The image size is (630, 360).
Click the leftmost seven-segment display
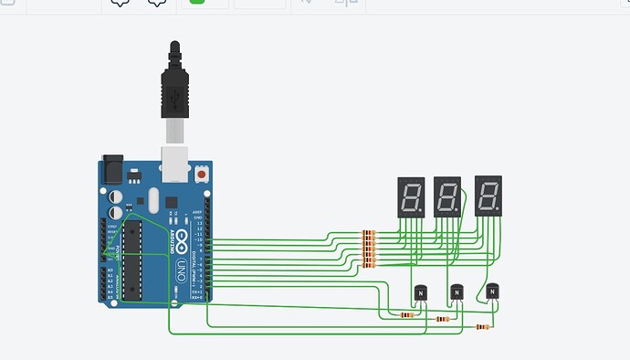pos(411,196)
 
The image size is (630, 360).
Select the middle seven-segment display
pos(447,196)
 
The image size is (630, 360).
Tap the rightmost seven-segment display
pos(488,195)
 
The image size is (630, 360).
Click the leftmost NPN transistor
pos(420,293)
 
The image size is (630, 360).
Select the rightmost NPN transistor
pos(492,291)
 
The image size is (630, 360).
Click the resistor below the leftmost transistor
pos(406,315)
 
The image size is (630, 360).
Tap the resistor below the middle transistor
pos(443,320)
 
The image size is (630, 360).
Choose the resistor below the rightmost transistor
pos(481,326)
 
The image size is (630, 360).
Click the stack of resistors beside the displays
pos(369,249)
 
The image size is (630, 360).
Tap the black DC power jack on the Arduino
pos(112,172)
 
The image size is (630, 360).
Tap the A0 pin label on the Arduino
pos(110,270)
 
